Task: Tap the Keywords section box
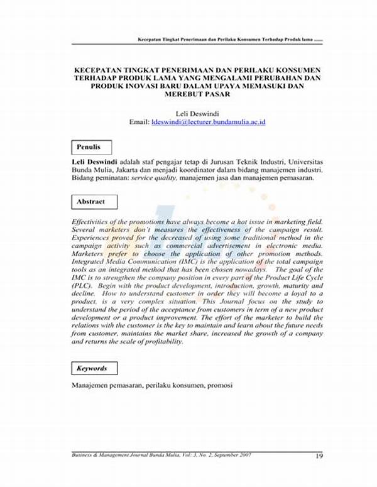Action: tap(92, 368)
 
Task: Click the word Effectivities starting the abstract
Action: tap(94, 222)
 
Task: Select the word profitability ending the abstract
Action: tap(160, 342)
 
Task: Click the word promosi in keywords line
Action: tap(219, 384)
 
